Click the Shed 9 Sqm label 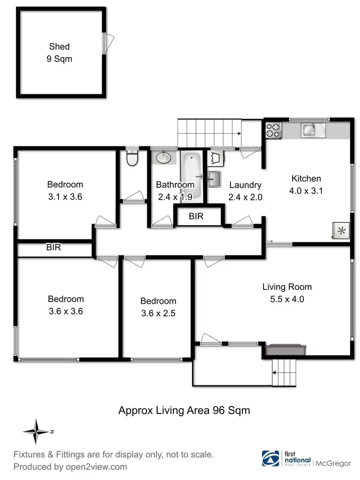59,53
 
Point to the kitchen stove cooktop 274,130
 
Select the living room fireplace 286,350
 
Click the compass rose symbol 36,431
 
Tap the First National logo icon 268,458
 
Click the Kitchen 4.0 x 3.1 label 306,184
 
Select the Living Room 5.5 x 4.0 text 287,293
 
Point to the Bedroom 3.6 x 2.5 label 158,307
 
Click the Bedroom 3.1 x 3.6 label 65,190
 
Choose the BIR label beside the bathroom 196,216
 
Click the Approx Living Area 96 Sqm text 184,410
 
